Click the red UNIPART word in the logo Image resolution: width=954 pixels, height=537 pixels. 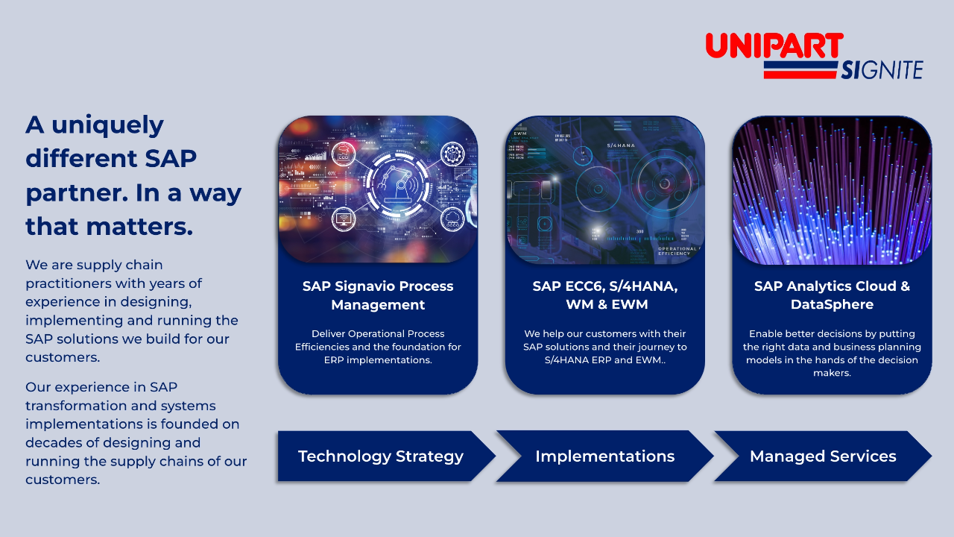[774, 45]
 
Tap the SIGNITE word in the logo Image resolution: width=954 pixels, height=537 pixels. [882, 70]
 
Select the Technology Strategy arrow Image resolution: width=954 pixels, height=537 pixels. [381, 456]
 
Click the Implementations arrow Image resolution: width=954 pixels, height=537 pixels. [604, 456]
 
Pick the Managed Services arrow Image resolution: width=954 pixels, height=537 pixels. [823, 456]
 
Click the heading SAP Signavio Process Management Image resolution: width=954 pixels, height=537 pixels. [378, 295]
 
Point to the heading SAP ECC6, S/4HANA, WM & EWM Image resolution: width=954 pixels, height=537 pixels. [605, 295]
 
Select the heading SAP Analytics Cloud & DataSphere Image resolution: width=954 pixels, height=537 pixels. [832, 295]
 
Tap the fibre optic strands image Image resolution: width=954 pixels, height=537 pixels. [832, 190]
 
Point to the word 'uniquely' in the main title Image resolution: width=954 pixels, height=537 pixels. [107, 125]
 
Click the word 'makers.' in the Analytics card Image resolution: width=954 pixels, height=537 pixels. [832, 373]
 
